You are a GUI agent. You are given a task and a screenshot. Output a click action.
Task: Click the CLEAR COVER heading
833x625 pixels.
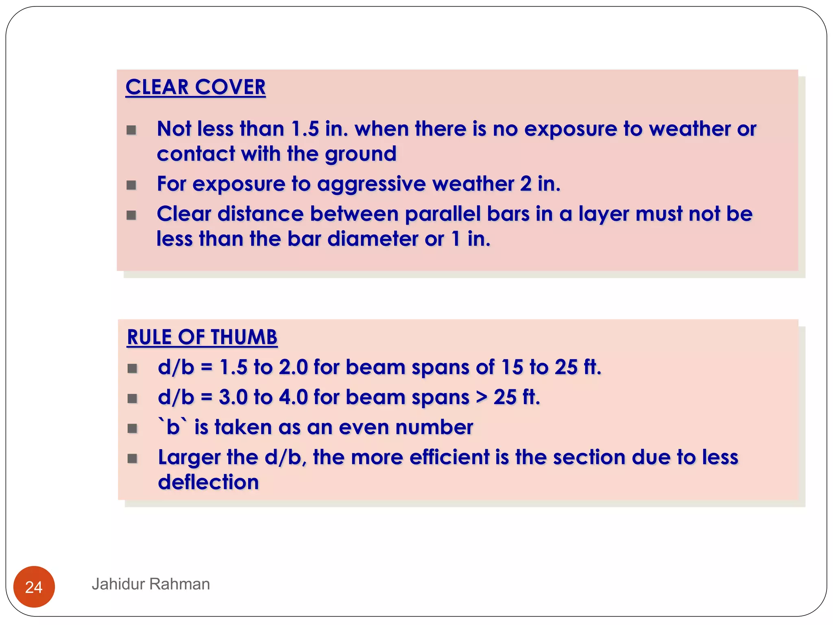(x=195, y=87)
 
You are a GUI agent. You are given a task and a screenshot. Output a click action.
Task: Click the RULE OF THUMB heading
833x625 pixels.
(x=202, y=337)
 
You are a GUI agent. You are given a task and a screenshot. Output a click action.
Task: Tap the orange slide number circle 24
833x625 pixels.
(x=34, y=586)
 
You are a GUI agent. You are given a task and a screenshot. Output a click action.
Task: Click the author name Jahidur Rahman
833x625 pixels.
(x=150, y=584)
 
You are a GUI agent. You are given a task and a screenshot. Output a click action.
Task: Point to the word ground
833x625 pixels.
(x=360, y=154)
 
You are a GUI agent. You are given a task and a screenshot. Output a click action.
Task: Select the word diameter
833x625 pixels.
(x=372, y=239)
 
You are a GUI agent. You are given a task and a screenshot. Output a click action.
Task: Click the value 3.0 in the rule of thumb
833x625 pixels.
(x=233, y=397)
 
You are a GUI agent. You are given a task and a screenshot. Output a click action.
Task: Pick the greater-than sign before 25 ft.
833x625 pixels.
(x=482, y=397)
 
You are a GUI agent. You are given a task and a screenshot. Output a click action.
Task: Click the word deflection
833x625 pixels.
(x=208, y=482)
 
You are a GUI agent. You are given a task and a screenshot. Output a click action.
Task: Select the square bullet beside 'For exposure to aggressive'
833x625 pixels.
(x=131, y=185)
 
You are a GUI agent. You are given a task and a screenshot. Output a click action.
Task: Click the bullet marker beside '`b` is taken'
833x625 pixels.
(x=132, y=428)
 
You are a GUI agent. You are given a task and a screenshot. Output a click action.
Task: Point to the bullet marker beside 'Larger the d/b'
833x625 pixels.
(x=132, y=459)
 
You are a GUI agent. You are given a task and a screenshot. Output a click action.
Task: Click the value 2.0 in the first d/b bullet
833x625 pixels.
(x=293, y=367)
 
